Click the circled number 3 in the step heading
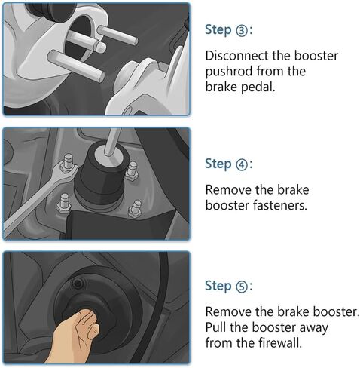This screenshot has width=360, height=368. [240, 30]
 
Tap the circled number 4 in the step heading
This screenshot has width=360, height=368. [240, 164]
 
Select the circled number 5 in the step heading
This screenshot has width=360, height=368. [240, 287]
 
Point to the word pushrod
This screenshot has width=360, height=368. [230, 72]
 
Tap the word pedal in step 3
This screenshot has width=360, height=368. [259, 87]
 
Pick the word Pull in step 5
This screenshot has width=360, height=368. [215, 328]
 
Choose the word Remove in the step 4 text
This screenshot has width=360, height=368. [227, 190]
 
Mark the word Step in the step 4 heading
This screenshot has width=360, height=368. [218, 164]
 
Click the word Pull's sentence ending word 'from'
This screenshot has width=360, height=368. [218, 343]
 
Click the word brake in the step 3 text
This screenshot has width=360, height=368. [221, 87]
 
